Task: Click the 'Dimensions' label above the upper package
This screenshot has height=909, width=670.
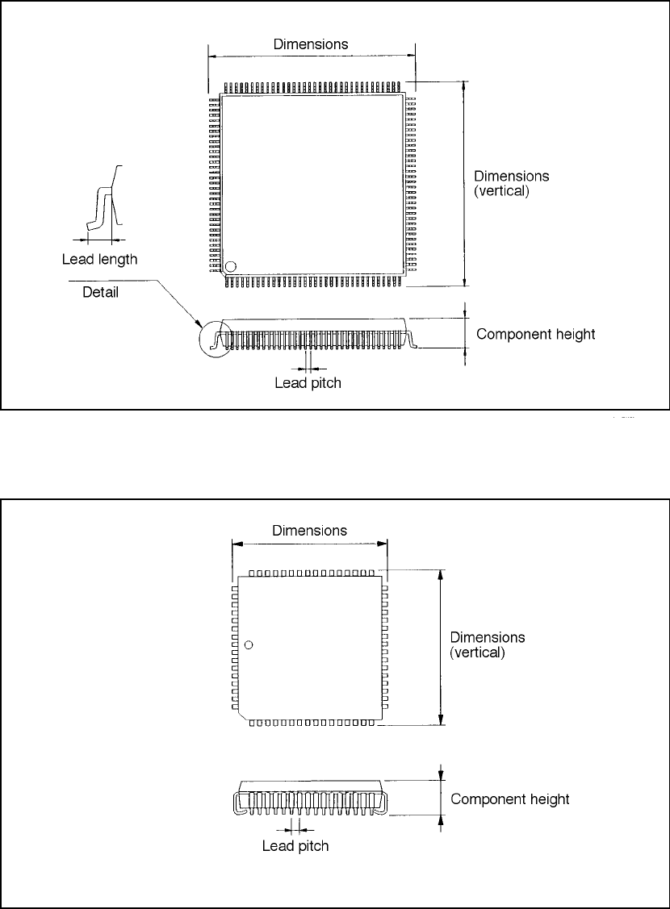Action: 311,44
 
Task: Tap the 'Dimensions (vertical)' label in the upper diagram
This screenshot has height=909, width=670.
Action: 512,185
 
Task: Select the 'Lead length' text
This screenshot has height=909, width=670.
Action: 99,260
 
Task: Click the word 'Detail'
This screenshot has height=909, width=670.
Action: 101,292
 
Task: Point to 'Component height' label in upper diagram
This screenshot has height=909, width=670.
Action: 536,334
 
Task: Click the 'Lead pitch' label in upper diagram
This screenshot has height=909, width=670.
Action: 308,383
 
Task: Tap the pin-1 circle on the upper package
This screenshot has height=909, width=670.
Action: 231,266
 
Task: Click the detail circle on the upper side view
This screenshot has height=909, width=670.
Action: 214,338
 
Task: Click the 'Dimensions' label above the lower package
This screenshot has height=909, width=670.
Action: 310,531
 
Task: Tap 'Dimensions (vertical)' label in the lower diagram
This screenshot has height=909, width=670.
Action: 488,644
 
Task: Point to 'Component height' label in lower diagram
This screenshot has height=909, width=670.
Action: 510,799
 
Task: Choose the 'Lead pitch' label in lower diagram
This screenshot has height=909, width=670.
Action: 296,846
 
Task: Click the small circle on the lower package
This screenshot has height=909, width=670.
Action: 249,644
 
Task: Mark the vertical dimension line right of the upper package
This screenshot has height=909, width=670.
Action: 464,184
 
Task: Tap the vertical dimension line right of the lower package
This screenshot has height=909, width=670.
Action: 441,648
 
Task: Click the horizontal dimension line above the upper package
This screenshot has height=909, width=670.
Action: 312,56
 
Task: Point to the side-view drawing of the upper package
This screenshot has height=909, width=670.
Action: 315,332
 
